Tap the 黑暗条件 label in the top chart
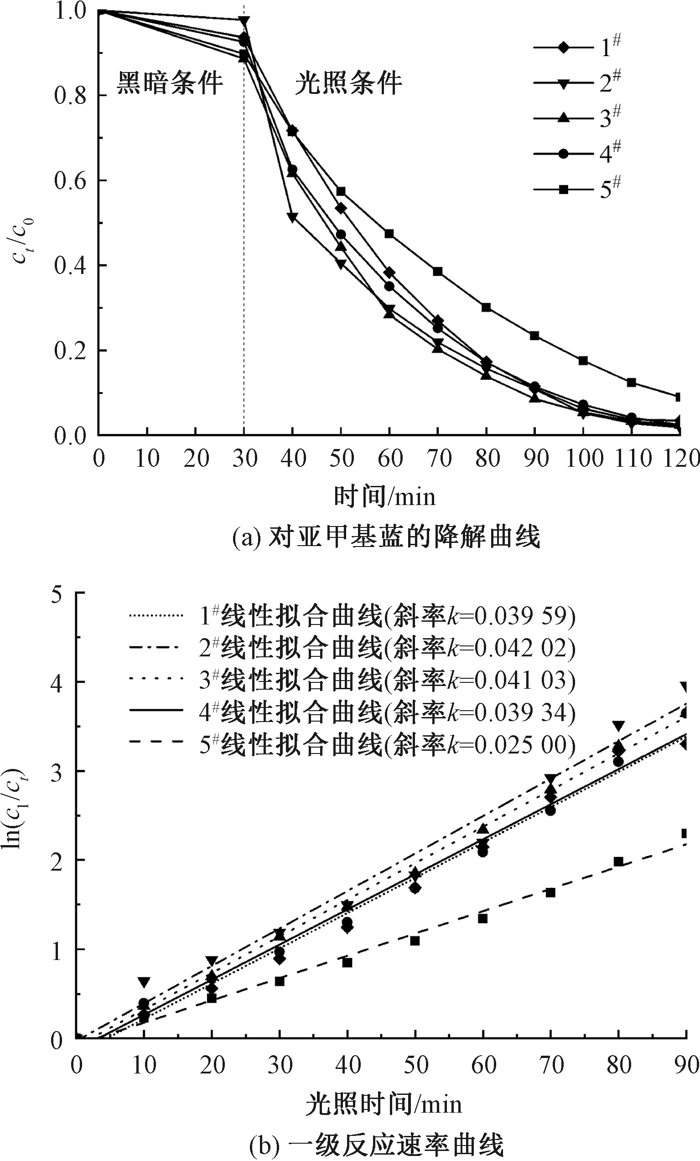coord(169,83)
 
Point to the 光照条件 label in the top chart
coord(348,83)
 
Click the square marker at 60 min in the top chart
coord(389,234)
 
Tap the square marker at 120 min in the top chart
coord(678,397)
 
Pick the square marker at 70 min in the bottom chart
coord(550,893)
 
